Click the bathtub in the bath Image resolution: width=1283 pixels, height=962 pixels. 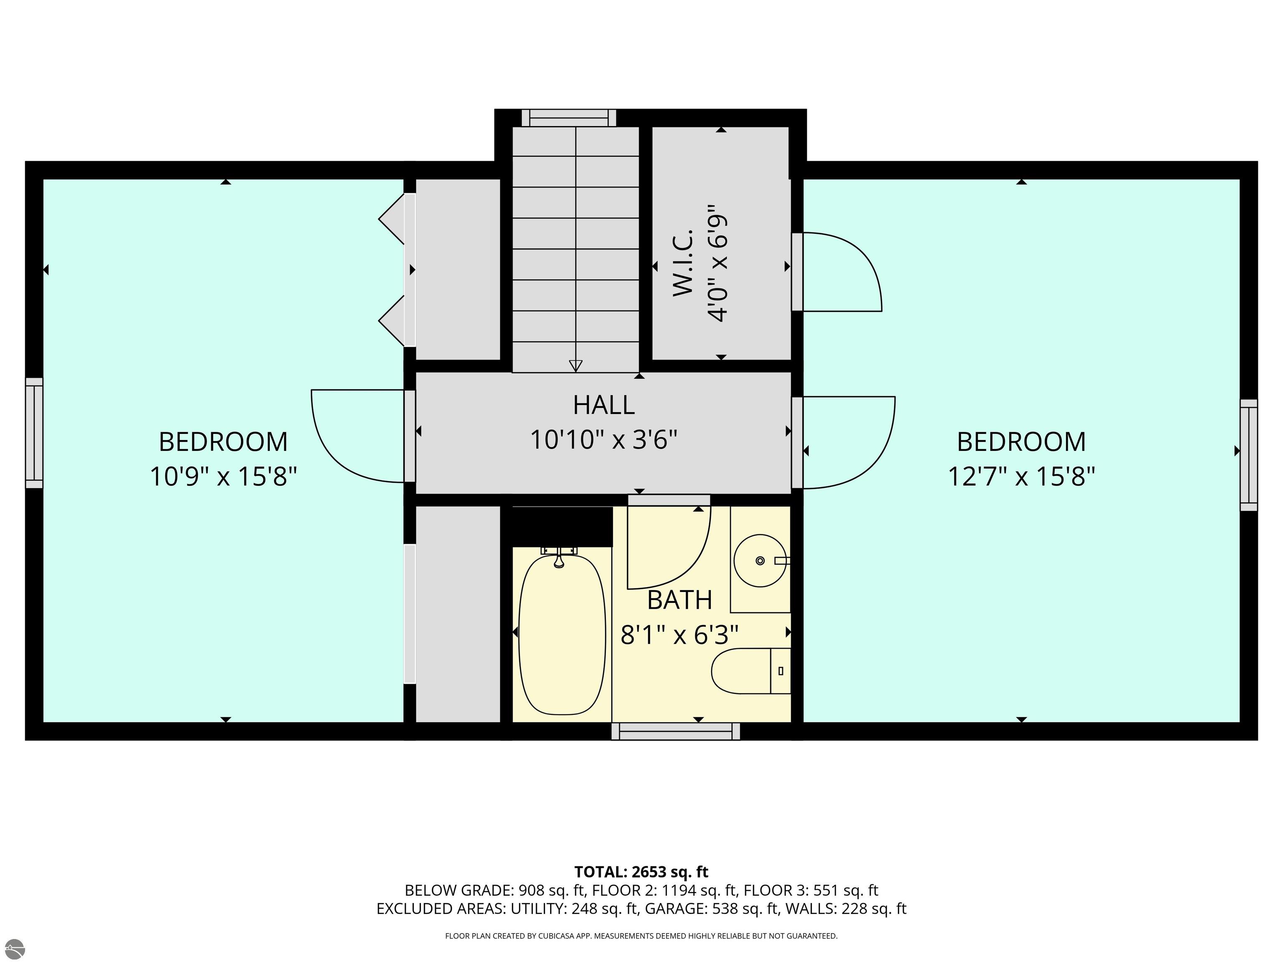(561, 634)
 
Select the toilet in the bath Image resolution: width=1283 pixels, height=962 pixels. (751, 671)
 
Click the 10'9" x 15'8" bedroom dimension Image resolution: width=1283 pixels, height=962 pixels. (223, 477)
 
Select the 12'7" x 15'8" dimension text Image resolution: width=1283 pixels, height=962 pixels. (1022, 477)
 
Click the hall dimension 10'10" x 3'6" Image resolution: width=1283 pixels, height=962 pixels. (604, 440)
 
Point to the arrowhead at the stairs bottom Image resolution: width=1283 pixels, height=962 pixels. (576, 366)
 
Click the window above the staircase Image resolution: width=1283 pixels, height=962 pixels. (569, 118)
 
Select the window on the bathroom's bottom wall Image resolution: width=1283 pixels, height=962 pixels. (676, 731)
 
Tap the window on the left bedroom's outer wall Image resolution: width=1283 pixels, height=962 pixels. (34, 433)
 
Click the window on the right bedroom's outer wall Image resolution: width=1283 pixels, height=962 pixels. (1249, 455)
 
